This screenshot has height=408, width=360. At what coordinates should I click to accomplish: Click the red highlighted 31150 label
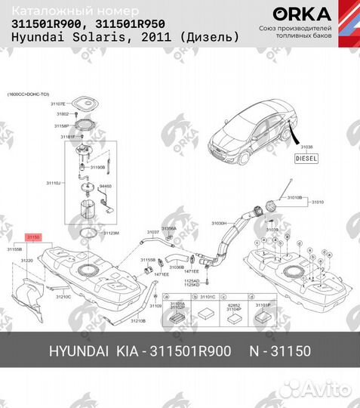[x=34, y=237]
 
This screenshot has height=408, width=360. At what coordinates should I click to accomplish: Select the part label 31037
[x=152, y=232]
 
